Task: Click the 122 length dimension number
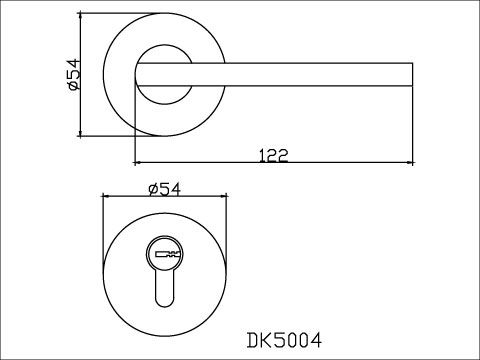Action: click(273, 154)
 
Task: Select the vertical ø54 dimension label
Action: click(71, 76)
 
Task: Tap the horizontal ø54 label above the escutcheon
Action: click(164, 189)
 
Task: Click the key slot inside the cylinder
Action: click(164, 255)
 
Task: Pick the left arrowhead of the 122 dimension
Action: click(138, 163)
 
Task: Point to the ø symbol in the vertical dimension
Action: click(71, 89)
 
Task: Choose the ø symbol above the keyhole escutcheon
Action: click(152, 189)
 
